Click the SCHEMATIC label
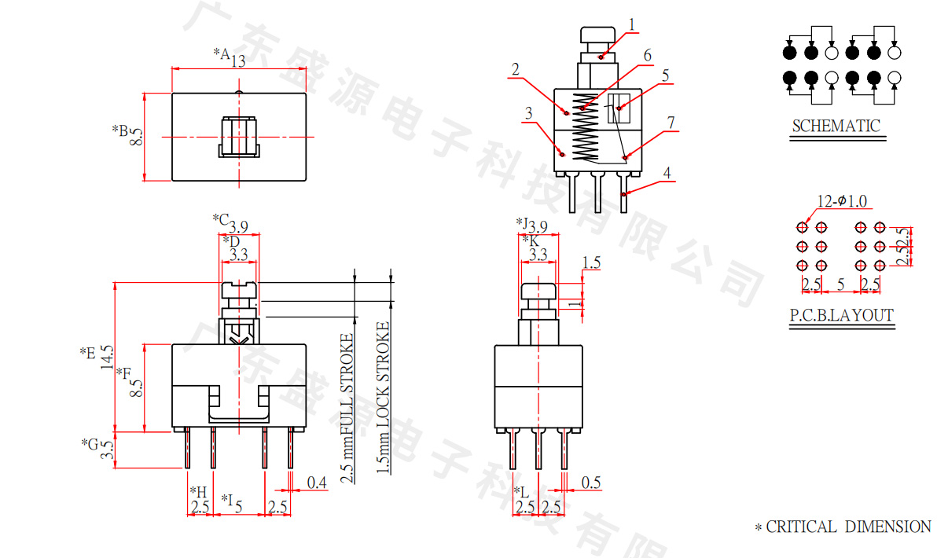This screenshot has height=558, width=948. point(836,126)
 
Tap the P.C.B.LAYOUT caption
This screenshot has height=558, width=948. point(842,316)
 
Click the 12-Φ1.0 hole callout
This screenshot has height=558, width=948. point(842,202)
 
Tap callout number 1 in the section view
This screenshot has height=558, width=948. point(630,24)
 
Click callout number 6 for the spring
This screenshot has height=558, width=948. point(647,56)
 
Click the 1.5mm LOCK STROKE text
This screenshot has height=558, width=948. point(383,398)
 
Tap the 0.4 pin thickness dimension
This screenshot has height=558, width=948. point(317,483)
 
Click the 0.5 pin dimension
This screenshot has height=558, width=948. point(591,483)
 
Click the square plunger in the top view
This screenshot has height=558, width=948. point(238,137)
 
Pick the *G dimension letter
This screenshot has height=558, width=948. point(89,444)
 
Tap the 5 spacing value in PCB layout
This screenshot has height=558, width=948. point(840,284)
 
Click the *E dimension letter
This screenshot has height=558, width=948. point(87,354)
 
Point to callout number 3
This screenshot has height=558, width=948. point(528,113)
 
